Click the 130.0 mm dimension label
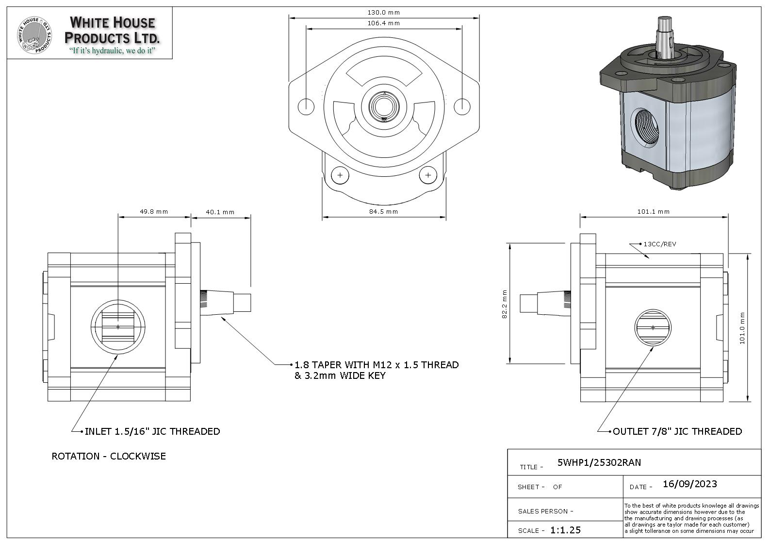pos(383,13)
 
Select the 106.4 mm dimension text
pos(383,23)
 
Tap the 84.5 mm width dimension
pos(383,211)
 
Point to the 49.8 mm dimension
pos(154,211)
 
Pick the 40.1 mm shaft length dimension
pos(220,212)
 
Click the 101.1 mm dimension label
pos(653,211)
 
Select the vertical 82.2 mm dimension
pos(504,304)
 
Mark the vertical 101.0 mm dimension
pos(742,328)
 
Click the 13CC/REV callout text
pos(659,244)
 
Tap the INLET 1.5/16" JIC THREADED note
pos(152,431)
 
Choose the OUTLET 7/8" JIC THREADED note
pos(677,431)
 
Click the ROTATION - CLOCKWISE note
pos(109,456)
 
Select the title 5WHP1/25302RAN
pos(599,462)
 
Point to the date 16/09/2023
pos(689,484)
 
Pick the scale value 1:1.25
pos(565,530)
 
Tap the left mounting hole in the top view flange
pos(306,106)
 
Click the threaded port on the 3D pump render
pos(648,125)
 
